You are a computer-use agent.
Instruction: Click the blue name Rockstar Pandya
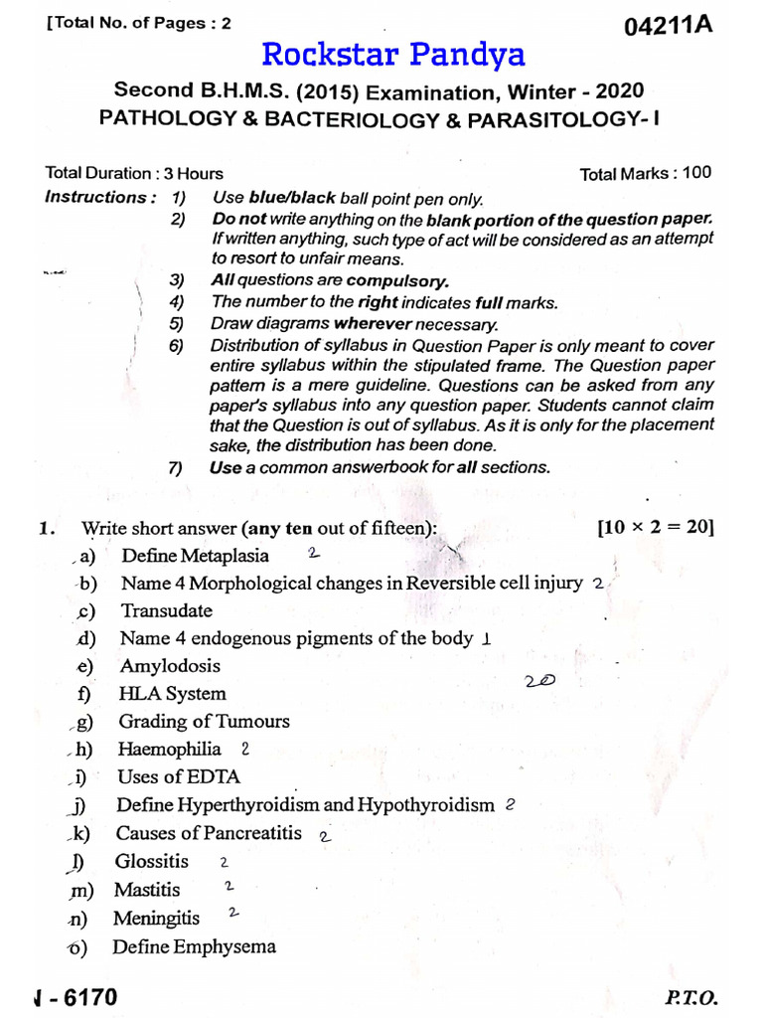tap(393, 56)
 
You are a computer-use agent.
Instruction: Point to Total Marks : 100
tap(646, 173)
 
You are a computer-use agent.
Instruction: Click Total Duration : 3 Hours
tap(134, 173)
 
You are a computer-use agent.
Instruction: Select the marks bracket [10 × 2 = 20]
tap(656, 528)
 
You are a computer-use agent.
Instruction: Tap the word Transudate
tap(166, 610)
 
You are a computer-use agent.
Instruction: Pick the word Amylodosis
tap(170, 666)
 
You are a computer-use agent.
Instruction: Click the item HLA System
tap(172, 694)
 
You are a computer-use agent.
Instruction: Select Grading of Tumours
tap(204, 722)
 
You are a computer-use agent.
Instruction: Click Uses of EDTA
tap(179, 776)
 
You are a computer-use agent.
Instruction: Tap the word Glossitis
tap(151, 861)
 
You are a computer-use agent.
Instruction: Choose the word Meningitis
tap(156, 918)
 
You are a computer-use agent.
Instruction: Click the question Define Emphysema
tap(194, 946)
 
